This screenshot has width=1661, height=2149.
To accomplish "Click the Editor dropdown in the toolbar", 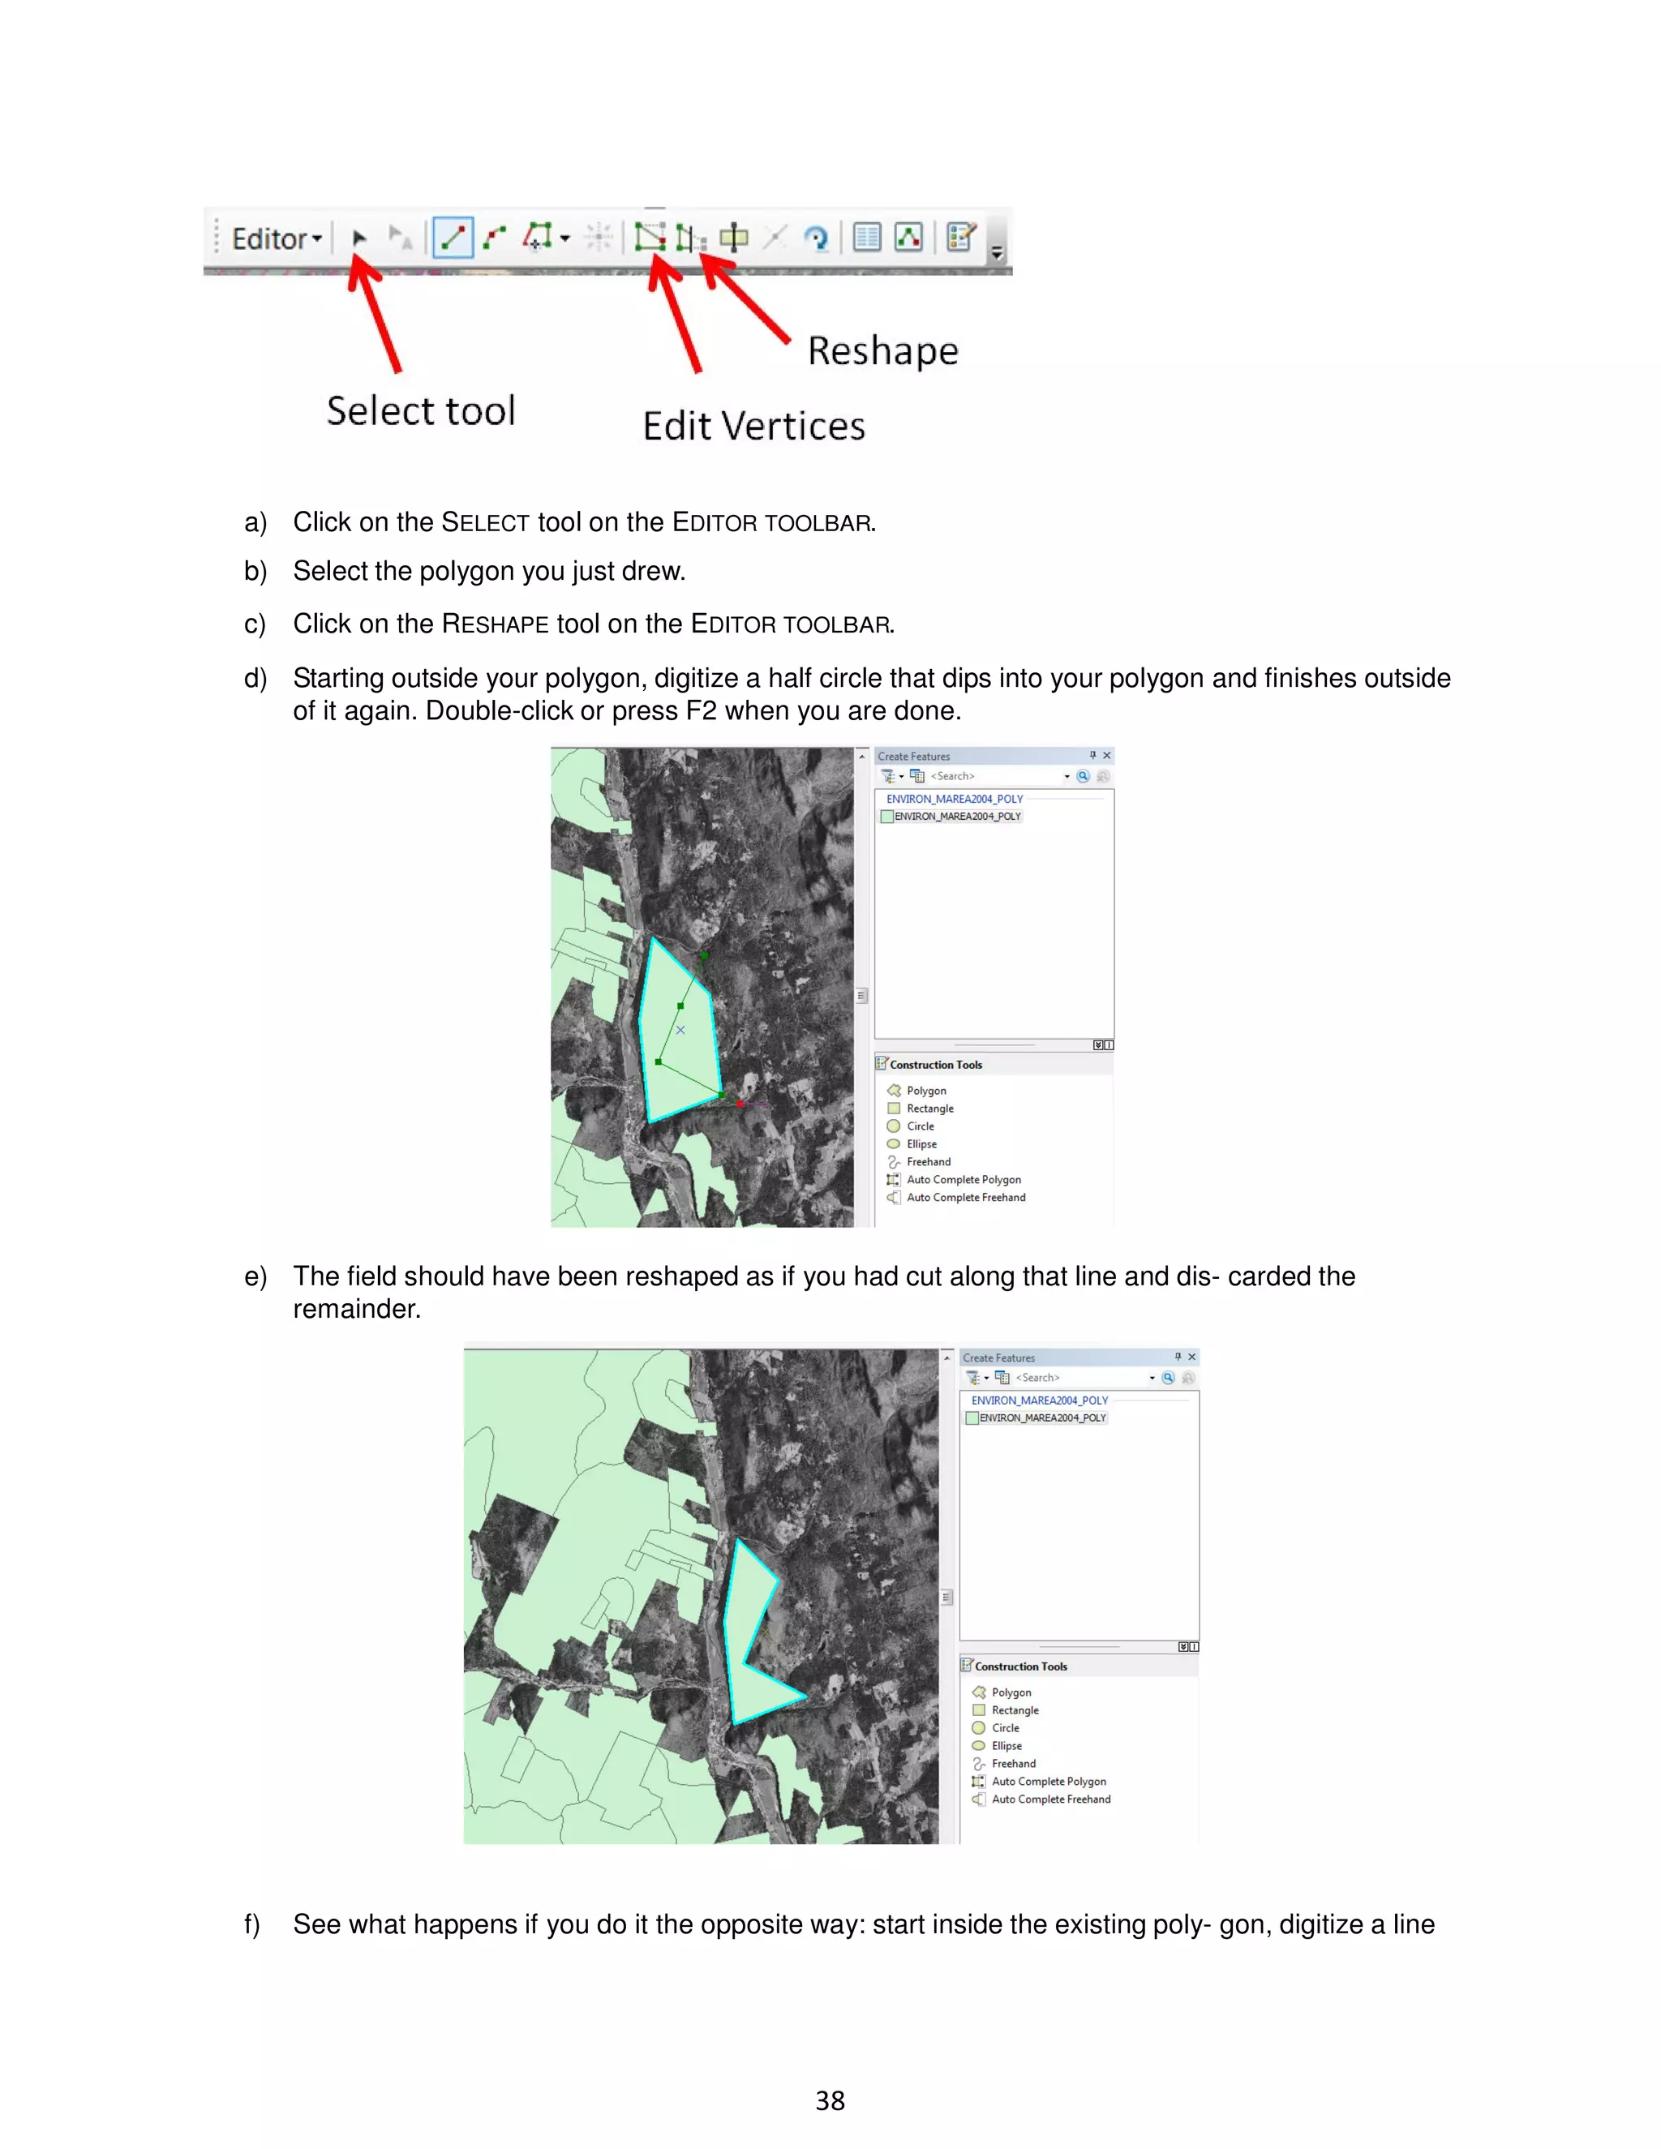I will (277, 239).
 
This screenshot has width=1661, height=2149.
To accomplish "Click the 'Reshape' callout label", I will (882, 351).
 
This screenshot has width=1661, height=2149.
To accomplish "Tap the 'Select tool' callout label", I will (420, 411).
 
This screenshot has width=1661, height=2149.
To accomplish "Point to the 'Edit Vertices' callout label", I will (753, 426).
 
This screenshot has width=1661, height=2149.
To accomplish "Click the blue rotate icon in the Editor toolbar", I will (816, 238).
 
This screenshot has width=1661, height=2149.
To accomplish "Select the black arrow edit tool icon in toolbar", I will (359, 238).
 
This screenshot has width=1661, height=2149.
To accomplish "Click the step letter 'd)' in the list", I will (255, 678).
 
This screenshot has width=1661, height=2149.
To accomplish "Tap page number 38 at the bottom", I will (830, 2101).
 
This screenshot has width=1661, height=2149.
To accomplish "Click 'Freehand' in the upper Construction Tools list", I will (928, 1162).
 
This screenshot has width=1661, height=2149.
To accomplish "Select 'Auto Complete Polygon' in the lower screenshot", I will (1048, 1782).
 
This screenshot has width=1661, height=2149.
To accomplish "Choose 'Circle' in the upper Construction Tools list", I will (920, 1126).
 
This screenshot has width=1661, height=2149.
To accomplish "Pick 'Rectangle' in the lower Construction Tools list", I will (1015, 1711).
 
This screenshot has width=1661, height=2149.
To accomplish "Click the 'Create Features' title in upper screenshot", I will (914, 757).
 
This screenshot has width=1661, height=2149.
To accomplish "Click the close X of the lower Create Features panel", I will (1191, 1357).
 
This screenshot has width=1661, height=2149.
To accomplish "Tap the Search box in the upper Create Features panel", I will (994, 776).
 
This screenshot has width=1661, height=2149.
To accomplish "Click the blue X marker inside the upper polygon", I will (680, 1030).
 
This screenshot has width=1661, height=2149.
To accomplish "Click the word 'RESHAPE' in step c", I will (495, 624).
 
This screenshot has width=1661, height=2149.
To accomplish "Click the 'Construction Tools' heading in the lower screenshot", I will (1020, 1666).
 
